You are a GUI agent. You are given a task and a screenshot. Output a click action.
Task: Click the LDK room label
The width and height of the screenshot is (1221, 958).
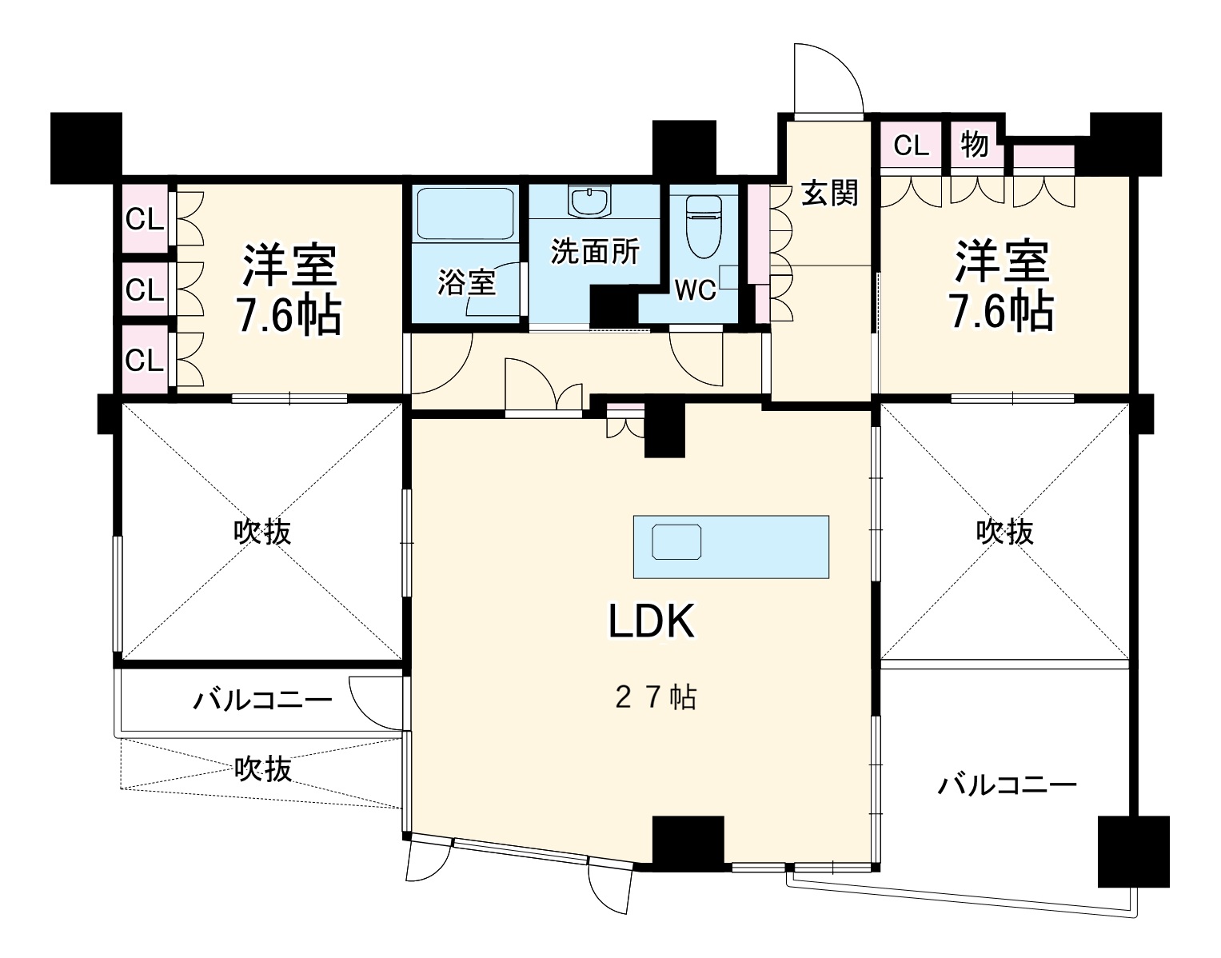click(x=652, y=621)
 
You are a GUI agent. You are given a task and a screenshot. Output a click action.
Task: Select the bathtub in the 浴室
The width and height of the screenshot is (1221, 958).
click(x=465, y=214)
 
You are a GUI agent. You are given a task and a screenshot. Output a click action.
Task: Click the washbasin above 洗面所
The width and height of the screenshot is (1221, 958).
click(x=591, y=201)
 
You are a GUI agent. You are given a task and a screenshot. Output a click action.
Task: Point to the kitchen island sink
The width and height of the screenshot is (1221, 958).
click(x=676, y=542)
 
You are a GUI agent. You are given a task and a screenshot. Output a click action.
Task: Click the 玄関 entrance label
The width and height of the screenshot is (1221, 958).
click(x=829, y=193)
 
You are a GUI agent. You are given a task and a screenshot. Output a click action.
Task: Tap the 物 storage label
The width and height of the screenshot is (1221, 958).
click(x=974, y=145)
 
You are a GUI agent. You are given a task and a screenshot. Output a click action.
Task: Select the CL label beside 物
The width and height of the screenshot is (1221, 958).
click(x=911, y=145)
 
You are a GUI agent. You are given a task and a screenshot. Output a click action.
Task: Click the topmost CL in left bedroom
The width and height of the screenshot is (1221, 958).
click(x=145, y=218)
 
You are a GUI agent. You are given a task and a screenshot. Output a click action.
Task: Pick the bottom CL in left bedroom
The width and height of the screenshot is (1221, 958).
click(x=145, y=361)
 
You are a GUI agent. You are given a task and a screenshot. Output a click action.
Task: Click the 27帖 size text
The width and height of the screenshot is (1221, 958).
click(x=656, y=697)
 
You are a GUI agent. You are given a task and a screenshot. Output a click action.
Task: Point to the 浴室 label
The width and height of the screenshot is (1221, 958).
click(x=466, y=282)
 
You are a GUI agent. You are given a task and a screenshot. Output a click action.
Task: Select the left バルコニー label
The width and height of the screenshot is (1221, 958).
click(x=261, y=701)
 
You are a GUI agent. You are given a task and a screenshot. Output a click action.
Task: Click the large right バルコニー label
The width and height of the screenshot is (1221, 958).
click(x=1007, y=784)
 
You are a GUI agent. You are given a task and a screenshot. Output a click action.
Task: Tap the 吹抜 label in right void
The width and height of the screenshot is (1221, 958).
click(x=1004, y=531)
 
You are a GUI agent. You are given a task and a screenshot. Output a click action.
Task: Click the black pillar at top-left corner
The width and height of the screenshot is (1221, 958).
click(x=86, y=146)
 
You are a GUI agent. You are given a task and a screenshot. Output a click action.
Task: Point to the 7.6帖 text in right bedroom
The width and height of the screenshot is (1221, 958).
click(x=1000, y=312)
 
